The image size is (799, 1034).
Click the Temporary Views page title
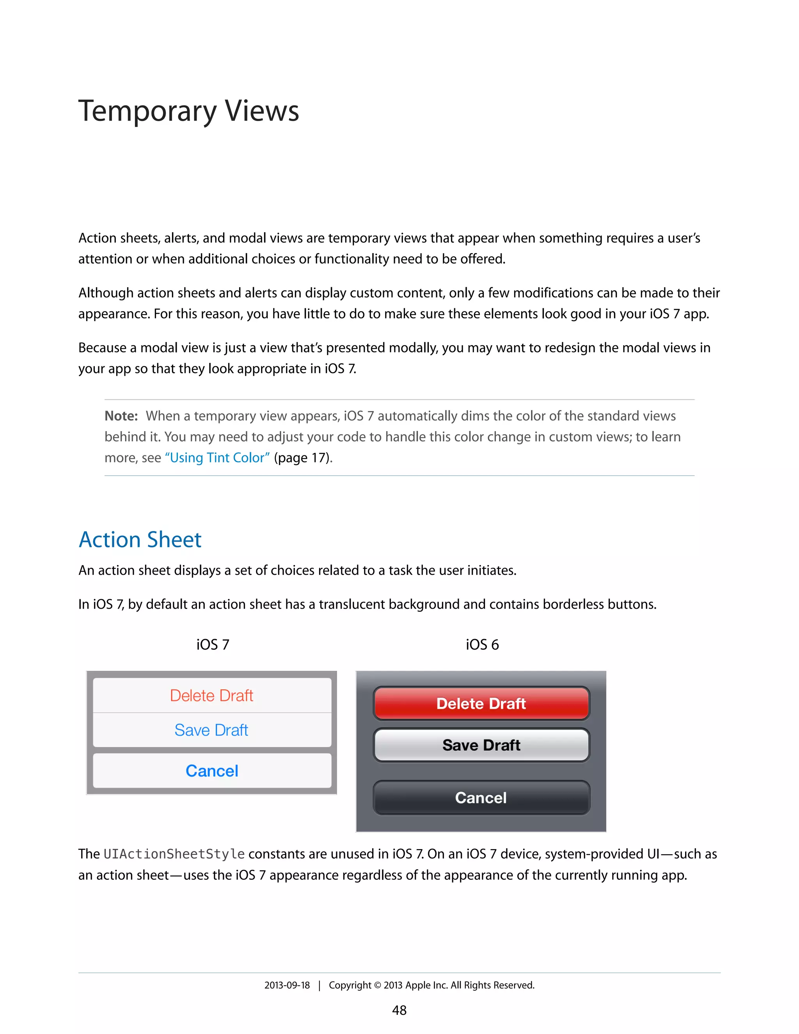[x=188, y=111]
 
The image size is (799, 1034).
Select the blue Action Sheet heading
[x=140, y=540]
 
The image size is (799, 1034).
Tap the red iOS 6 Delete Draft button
[x=481, y=704]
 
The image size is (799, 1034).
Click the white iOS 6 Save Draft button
[x=481, y=745]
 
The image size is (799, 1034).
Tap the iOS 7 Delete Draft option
[x=211, y=695]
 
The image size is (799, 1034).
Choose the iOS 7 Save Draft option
[x=211, y=730]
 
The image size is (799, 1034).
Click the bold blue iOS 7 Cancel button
[x=211, y=771]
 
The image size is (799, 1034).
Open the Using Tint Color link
[x=217, y=458]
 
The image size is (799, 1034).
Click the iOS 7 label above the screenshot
[x=213, y=645]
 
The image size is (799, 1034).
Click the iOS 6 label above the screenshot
[x=482, y=645]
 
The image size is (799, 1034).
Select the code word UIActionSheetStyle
[x=174, y=854]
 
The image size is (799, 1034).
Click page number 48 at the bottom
[x=399, y=1010]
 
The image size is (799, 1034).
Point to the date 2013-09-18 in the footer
[x=287, y=985]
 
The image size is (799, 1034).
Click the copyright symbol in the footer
[x=377, y=986]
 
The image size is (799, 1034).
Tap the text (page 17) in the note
[x=303, y=458]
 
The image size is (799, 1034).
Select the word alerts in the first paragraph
[x=180, y=238]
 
